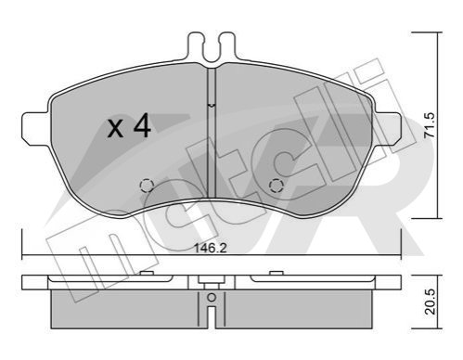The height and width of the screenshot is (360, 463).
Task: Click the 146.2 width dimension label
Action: pos(211,248)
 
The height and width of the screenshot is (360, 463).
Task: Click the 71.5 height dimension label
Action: pos(430,125)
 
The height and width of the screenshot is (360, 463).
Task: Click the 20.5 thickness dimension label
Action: pos(430,302)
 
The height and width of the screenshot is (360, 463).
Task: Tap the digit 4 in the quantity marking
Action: pos(142,126)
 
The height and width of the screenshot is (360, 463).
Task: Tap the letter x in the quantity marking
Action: pos(115,129)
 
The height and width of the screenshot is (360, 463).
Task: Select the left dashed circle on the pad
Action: pos(147,186)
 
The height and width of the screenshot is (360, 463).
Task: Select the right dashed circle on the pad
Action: pos(277,186)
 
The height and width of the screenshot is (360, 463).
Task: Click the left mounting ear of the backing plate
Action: pos(35,127)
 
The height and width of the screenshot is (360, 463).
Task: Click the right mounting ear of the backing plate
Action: pos(388,127)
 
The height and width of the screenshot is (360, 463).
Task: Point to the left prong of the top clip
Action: pos(196,46)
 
